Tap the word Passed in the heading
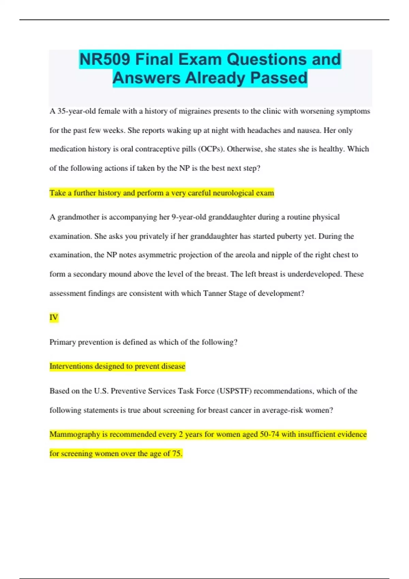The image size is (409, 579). point(279,78)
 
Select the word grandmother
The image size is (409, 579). point(78,217)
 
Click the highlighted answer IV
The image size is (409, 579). point(54,317)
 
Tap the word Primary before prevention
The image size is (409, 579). point(62,342)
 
